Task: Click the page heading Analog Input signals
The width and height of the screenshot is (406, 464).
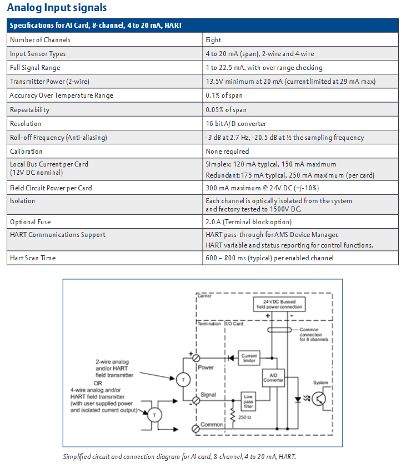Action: click(57, 7)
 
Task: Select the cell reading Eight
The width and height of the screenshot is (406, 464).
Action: click(213, 39)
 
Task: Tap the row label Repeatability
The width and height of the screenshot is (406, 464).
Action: click(29, 110)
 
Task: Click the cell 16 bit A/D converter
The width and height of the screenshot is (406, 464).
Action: click(236, 123)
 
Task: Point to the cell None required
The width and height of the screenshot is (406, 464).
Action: click(227, 151)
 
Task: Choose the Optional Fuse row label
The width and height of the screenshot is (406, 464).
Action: click(30, 222)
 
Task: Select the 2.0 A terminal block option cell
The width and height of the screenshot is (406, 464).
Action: click(248, 222)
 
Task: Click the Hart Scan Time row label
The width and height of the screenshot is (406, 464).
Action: click(33, 258)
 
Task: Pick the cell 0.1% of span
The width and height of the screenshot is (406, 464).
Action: click(224, 95)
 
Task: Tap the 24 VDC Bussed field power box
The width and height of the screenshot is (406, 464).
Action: click(279, 304)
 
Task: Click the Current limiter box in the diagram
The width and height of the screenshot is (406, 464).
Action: click(249, 358)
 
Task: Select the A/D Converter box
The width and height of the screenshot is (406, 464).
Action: click(273, 378)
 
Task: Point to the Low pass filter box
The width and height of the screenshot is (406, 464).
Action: click(248, 401)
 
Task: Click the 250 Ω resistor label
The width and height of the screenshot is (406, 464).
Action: click(244, 417)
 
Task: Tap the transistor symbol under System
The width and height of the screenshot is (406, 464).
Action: click(319, 399)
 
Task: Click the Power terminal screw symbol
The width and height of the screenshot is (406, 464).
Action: click(196, 359)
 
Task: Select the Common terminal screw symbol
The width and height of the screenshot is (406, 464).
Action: click(196, 428)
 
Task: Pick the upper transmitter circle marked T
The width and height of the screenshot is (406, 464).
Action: click(183, 380)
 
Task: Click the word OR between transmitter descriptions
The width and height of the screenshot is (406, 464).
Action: click(98, 383)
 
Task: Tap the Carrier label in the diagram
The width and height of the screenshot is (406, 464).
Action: click(204, 296)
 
